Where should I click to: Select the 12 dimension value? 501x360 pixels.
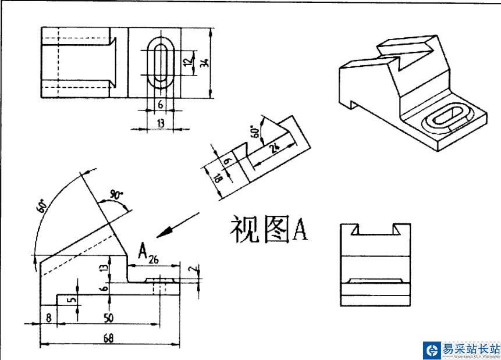(x=187, y=60)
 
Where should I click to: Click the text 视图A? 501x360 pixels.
(x=268, y=229)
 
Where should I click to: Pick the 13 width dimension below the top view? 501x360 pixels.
(x=159, y=123)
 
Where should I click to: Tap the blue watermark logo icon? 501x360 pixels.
(x=431, y=350)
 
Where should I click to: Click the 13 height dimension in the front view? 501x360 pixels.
(x=104, y=267)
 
